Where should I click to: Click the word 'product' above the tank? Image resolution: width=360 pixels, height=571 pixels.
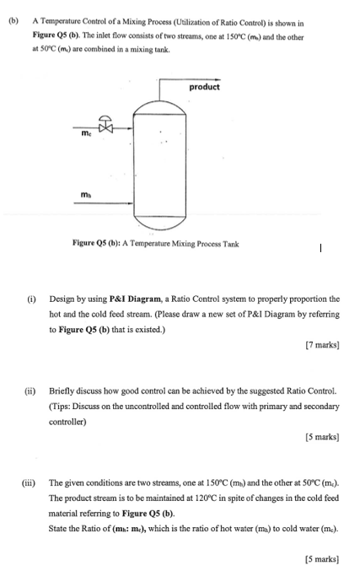click(204, 87)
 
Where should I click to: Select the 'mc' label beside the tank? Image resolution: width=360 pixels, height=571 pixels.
click(88, 133)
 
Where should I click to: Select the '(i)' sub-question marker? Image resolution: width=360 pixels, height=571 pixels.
click(32, 299)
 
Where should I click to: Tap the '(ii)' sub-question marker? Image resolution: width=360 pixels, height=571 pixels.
click(31, 391)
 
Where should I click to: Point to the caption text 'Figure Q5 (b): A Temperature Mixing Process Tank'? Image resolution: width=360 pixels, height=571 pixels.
click(156, 245)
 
